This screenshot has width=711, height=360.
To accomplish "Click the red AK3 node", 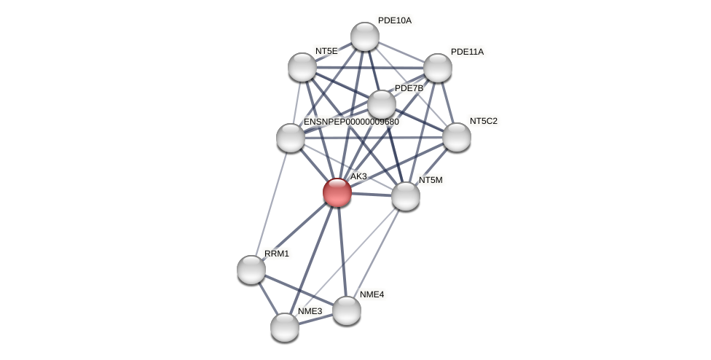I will click(337, 192).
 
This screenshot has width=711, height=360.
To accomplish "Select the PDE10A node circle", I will click(365, 36).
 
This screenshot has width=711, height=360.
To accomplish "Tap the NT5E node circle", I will click(302, 67).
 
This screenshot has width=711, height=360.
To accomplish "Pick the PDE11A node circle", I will click(438, 68).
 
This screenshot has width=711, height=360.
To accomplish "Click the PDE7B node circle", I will click(382, 104).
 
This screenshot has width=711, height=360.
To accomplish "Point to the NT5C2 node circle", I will click(457, 137).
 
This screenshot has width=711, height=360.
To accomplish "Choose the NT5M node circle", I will click(406, 196).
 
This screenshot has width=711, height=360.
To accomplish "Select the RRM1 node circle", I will click(251, 270).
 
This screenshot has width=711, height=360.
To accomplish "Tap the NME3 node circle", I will click(285, 327).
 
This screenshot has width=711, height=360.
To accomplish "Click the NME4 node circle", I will click(347, 310).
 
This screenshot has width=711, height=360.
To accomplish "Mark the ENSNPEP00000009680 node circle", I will click(291, 138).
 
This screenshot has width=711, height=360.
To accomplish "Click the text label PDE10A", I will click(395, 20).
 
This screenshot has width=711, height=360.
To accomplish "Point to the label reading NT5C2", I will click(484, 121).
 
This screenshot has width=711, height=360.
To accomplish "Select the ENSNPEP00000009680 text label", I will click(351, 122).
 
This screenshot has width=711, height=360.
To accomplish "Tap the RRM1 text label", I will click(277, 254).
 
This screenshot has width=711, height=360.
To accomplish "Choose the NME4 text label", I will click(372, 294).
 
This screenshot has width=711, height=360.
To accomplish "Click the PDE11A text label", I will click(467, 52).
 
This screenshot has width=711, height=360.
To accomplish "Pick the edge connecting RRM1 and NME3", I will click(267, 297).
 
